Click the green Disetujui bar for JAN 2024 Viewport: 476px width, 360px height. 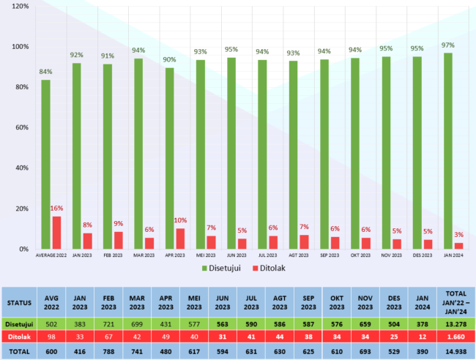(448, 151)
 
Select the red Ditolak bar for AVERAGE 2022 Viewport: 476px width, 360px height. (56, 233)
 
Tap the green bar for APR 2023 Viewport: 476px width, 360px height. (170, 158)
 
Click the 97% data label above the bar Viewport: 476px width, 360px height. (447, 45)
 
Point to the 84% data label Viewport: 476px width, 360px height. (45, 72)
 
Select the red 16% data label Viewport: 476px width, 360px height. (56, 209)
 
